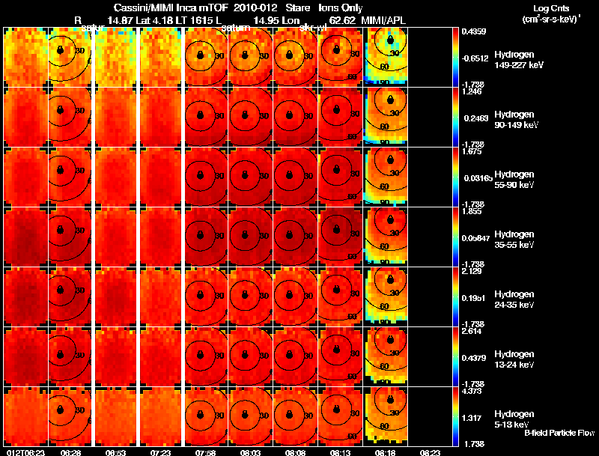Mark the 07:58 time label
[x=205, y=452]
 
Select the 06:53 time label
[x=115, y=452]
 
